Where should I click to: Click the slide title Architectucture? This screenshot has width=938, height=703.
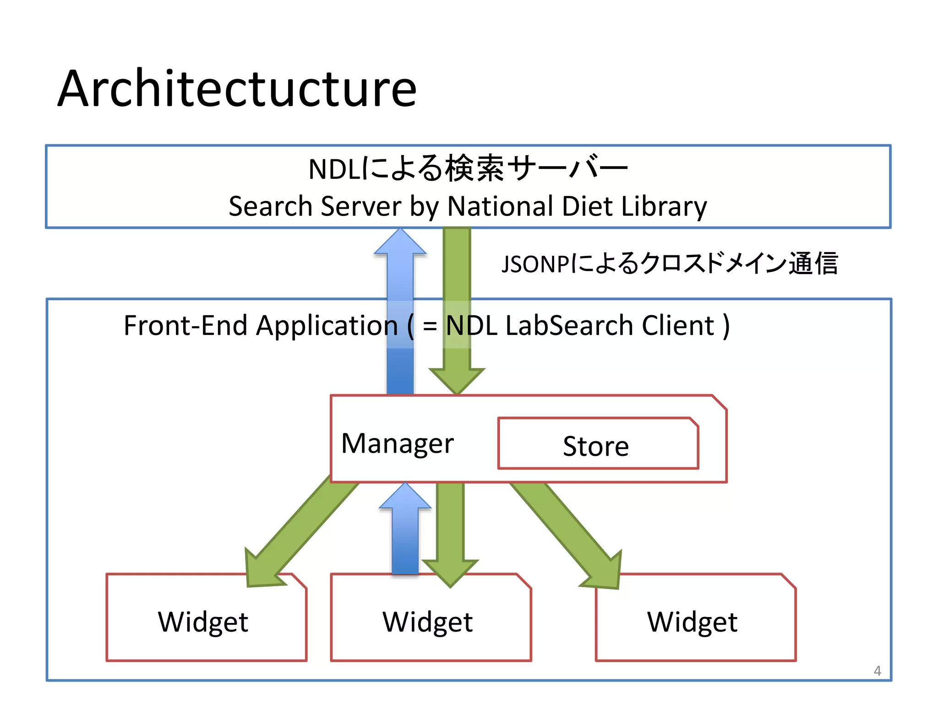237,89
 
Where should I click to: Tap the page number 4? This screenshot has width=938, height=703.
877,671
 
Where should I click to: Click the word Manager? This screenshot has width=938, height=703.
397,443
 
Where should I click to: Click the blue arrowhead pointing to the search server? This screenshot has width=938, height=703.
400,243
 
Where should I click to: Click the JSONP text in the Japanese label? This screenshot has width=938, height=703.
535,265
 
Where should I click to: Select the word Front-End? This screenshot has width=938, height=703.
185,326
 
